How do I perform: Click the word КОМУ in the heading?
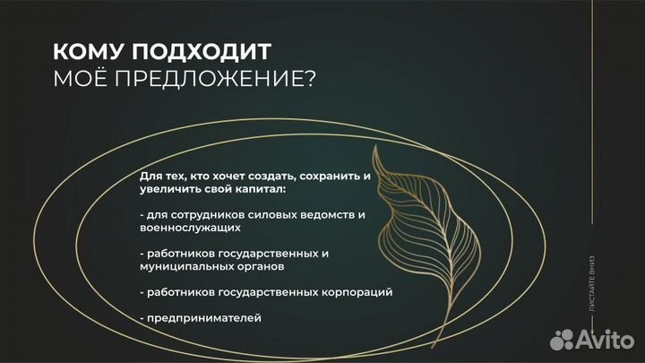click(83, 52)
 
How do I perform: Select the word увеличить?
click(170, 191)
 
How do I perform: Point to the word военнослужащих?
click(185, 229)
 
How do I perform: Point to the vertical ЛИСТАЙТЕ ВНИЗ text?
click(591, 283)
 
